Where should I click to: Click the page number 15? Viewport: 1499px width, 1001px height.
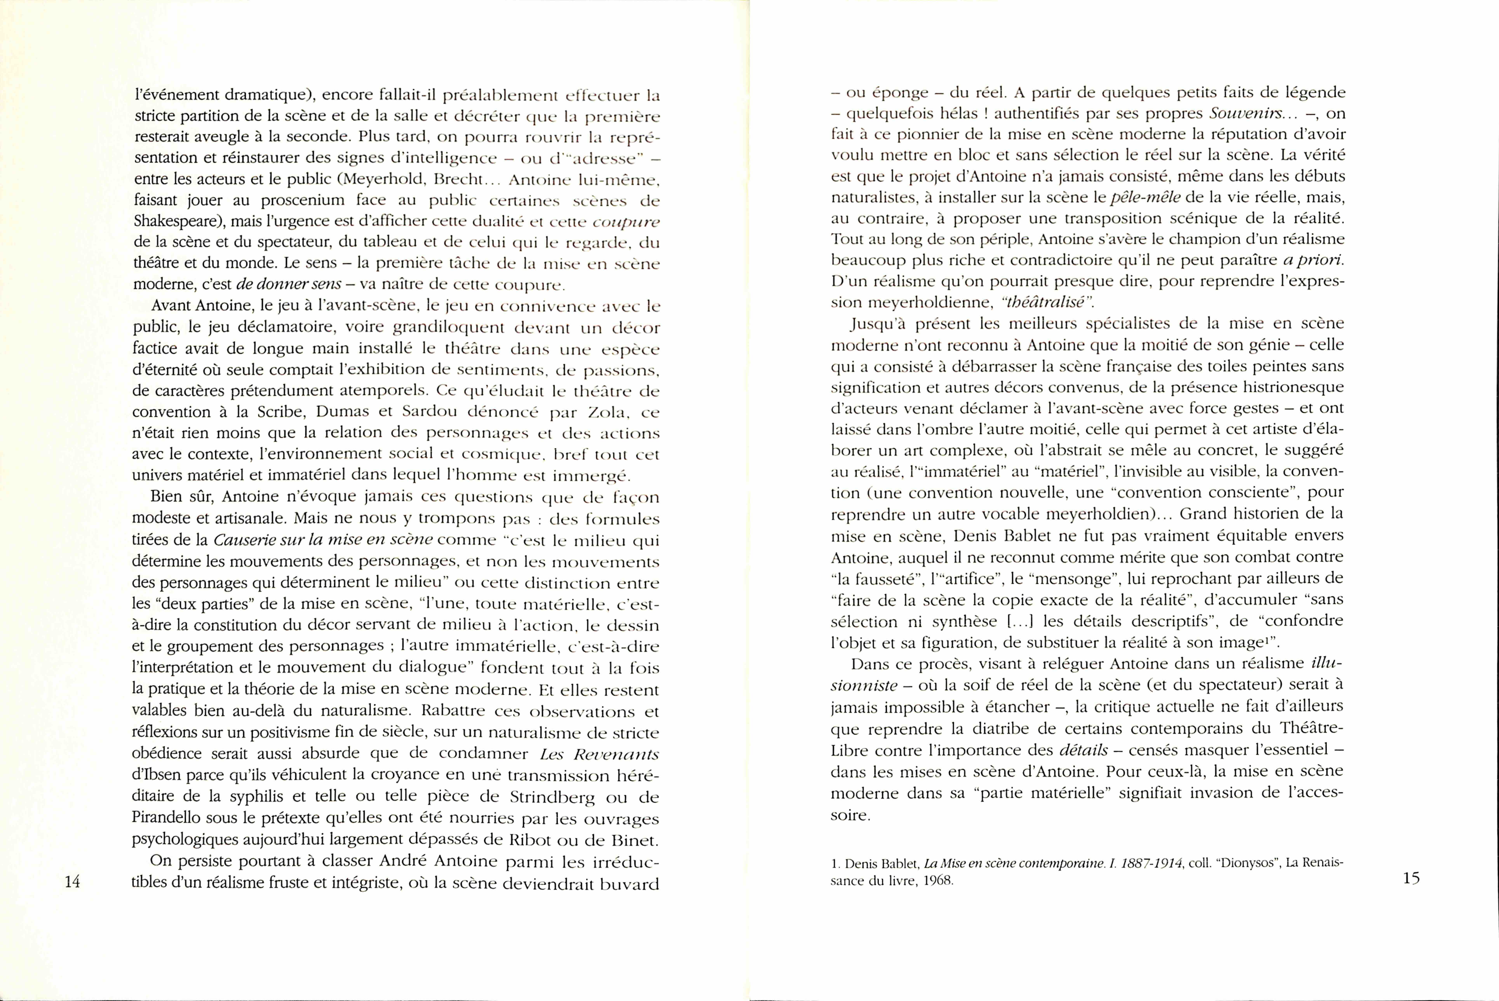coord(1412,878)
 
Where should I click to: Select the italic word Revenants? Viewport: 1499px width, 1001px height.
coord(616,755)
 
